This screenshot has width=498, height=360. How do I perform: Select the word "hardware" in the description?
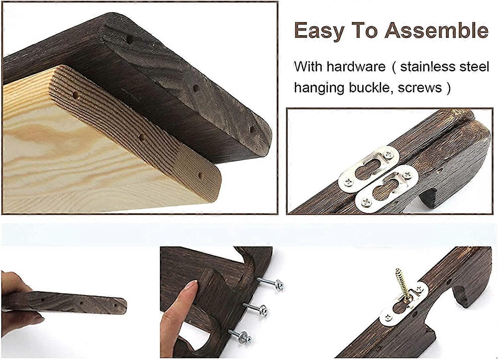click(356, 66)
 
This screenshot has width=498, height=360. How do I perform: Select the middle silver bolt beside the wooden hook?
click(255, 308)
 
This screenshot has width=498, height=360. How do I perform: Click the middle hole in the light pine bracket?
click(142, 137)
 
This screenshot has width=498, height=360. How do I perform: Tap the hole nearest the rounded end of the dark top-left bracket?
click(252, 129)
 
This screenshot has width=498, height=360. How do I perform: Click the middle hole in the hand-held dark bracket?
click(81, 303)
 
